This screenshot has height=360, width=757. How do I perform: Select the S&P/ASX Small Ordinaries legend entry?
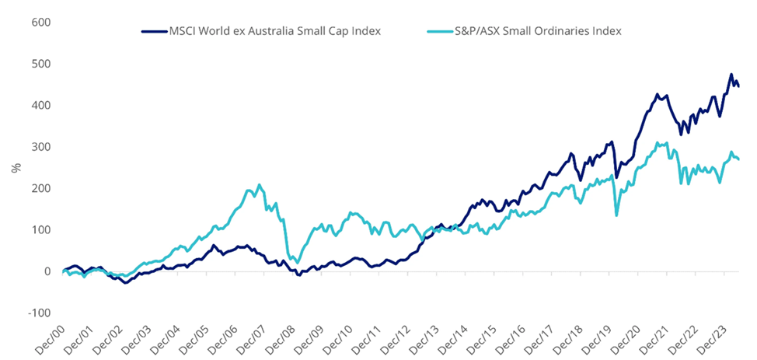point(525,31)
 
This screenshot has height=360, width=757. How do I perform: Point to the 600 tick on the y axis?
point(40,22)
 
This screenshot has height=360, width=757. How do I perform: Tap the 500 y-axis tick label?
point(40,64)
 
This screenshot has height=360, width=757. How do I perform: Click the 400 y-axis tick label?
point(40,105)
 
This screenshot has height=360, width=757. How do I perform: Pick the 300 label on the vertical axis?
point(40,147)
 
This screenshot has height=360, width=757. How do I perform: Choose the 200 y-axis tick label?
point(40,188)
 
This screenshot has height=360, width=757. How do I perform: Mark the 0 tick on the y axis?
point(46,271)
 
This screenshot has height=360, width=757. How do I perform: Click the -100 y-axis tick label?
point(37,313)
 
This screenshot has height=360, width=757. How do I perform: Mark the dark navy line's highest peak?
point(731,75)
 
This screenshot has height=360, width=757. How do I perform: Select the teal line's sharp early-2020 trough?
point(617,215)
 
